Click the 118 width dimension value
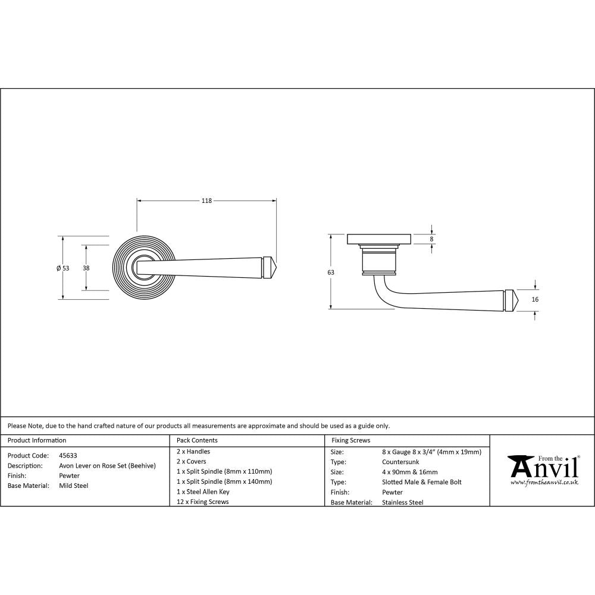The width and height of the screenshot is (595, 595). click(x=206, y=201)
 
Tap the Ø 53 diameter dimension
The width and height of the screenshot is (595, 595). click(x=63, y=268)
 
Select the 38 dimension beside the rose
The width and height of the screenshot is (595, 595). click(x=86, y=268)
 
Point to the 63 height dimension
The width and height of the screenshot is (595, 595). click(x=331, y=272)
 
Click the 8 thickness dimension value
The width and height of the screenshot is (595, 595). click(x=432, y=239)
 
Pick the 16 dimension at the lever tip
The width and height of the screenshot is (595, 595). click(x=535, y=299)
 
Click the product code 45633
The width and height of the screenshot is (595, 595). click(x=68, y=455)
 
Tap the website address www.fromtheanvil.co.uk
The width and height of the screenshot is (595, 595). click(x=544, y=483)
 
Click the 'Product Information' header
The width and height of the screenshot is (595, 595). click(x=37, y=440)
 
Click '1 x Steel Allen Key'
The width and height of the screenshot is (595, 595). click(x=203, y=491)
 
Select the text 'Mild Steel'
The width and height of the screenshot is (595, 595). click(x=74, y=486)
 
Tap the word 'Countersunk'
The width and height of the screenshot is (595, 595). click(x=400, y=462)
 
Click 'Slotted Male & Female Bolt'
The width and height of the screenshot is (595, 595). click(x=421, y=482)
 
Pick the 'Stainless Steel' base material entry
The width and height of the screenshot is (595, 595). click(x=402, y=502)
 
